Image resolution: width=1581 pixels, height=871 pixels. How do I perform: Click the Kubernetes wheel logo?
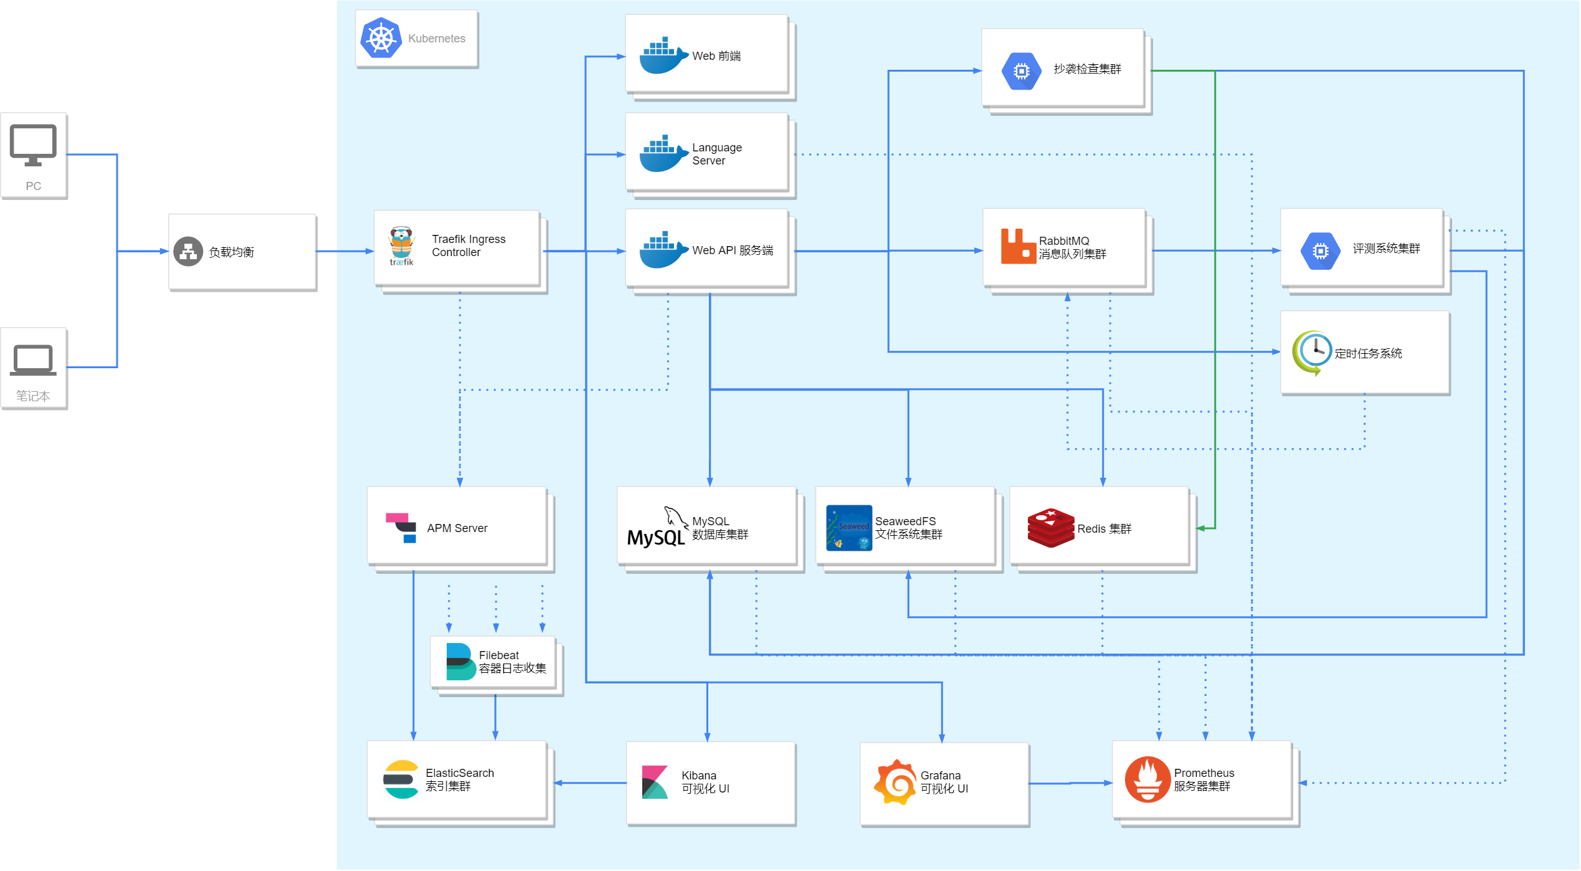[381, 38]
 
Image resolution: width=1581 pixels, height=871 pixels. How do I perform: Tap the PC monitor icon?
[33, 145]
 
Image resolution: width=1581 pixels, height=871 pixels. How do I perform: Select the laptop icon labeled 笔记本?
[33, 360]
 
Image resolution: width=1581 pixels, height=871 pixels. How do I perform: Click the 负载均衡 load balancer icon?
[188, 252]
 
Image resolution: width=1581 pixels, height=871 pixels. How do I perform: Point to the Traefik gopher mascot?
[401, 246]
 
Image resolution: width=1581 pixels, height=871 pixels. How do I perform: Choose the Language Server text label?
[717, 154]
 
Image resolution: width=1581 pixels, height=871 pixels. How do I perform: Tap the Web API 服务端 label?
[733, 250]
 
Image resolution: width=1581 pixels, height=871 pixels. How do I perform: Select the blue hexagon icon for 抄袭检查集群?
[1022, 71]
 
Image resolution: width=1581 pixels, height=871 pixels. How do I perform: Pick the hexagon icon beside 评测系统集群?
[1321, 251]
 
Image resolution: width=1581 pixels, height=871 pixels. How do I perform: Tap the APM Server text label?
[457, 528]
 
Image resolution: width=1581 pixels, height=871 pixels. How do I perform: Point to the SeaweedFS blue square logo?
[849, 528]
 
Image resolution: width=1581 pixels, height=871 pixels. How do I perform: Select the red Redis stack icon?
[1051, 528]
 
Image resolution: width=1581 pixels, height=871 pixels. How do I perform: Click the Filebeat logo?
[462, 662]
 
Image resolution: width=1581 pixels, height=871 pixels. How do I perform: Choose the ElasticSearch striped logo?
[401, 779]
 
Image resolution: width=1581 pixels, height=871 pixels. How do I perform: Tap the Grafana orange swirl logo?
[896, 783]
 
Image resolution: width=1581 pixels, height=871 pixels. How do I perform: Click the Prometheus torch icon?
[1147, 779]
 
